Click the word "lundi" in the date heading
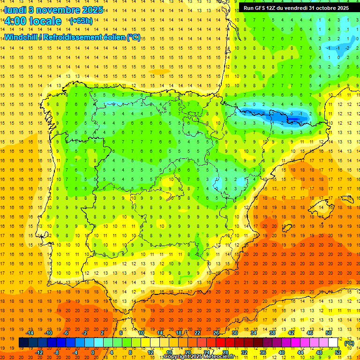15,10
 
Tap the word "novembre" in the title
57,10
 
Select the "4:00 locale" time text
33,21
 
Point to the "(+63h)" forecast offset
81,21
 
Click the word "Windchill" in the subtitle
21,37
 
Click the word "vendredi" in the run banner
296,8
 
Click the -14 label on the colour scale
30,333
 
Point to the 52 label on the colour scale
338,352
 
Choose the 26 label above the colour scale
216,333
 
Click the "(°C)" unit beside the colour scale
349,343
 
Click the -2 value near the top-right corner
347,48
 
